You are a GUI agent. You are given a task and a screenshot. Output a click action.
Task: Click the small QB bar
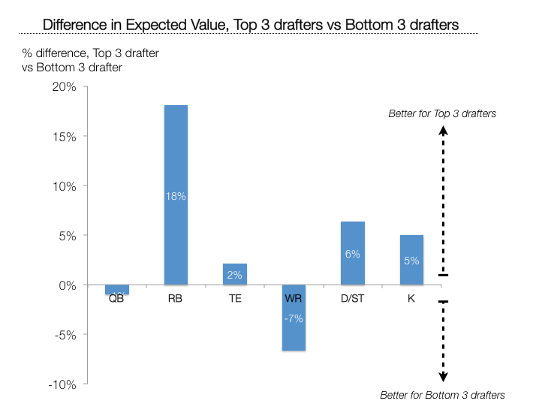(117, 290)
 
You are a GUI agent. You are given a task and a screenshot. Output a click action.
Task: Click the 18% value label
(176, 196)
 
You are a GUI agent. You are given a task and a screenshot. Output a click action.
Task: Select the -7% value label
(294, 318)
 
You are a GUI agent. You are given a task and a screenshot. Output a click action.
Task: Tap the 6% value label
(352, 254)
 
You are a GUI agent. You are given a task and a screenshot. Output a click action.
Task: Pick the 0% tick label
(68, 285)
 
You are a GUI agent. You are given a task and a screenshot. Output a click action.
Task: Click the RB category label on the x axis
(176, 299)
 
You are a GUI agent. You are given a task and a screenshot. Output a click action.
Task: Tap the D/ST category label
(352, 299)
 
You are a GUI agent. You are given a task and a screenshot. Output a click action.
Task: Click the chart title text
(250, 24)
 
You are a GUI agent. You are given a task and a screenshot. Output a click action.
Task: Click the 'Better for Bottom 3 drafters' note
(443, 395)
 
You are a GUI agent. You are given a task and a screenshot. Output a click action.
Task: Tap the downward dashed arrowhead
(443, 378)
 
